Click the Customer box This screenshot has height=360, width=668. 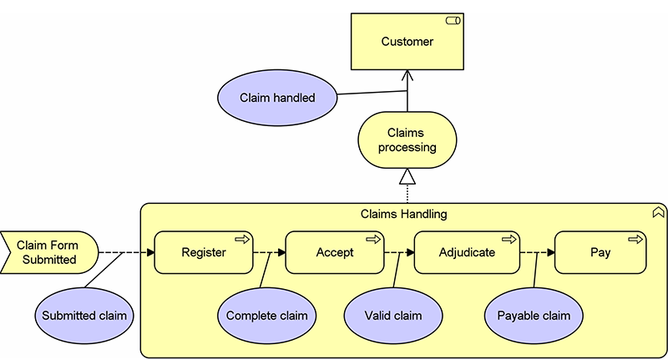pos(407,41)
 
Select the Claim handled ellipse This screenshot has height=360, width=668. pos(277,98)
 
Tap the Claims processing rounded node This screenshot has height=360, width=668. pos(407,139)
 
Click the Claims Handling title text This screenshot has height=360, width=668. pos(403,214)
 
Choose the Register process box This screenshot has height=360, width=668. pos(204,252)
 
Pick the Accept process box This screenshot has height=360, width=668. pos(335,252)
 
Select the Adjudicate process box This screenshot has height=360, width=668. pos(467,252)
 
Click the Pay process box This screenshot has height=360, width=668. pos(600,252)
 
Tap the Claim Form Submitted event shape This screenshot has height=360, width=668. pos(49,252)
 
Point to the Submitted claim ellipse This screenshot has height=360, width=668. pos(84,316)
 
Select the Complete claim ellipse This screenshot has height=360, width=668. pos(266,316)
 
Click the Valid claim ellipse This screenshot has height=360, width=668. pos(393,316)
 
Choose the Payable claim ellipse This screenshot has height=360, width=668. pos(534,316)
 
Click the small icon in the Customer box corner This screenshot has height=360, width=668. pos(453,20)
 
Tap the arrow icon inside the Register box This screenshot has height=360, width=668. pos(242,240)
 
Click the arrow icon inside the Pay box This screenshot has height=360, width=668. pos(635,240)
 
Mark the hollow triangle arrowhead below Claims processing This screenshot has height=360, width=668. pos(407,176)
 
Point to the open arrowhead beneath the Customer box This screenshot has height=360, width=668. pos(407,75)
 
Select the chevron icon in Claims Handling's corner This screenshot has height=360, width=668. pos(658,211)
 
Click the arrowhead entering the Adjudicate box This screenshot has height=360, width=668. pos(410,252)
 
